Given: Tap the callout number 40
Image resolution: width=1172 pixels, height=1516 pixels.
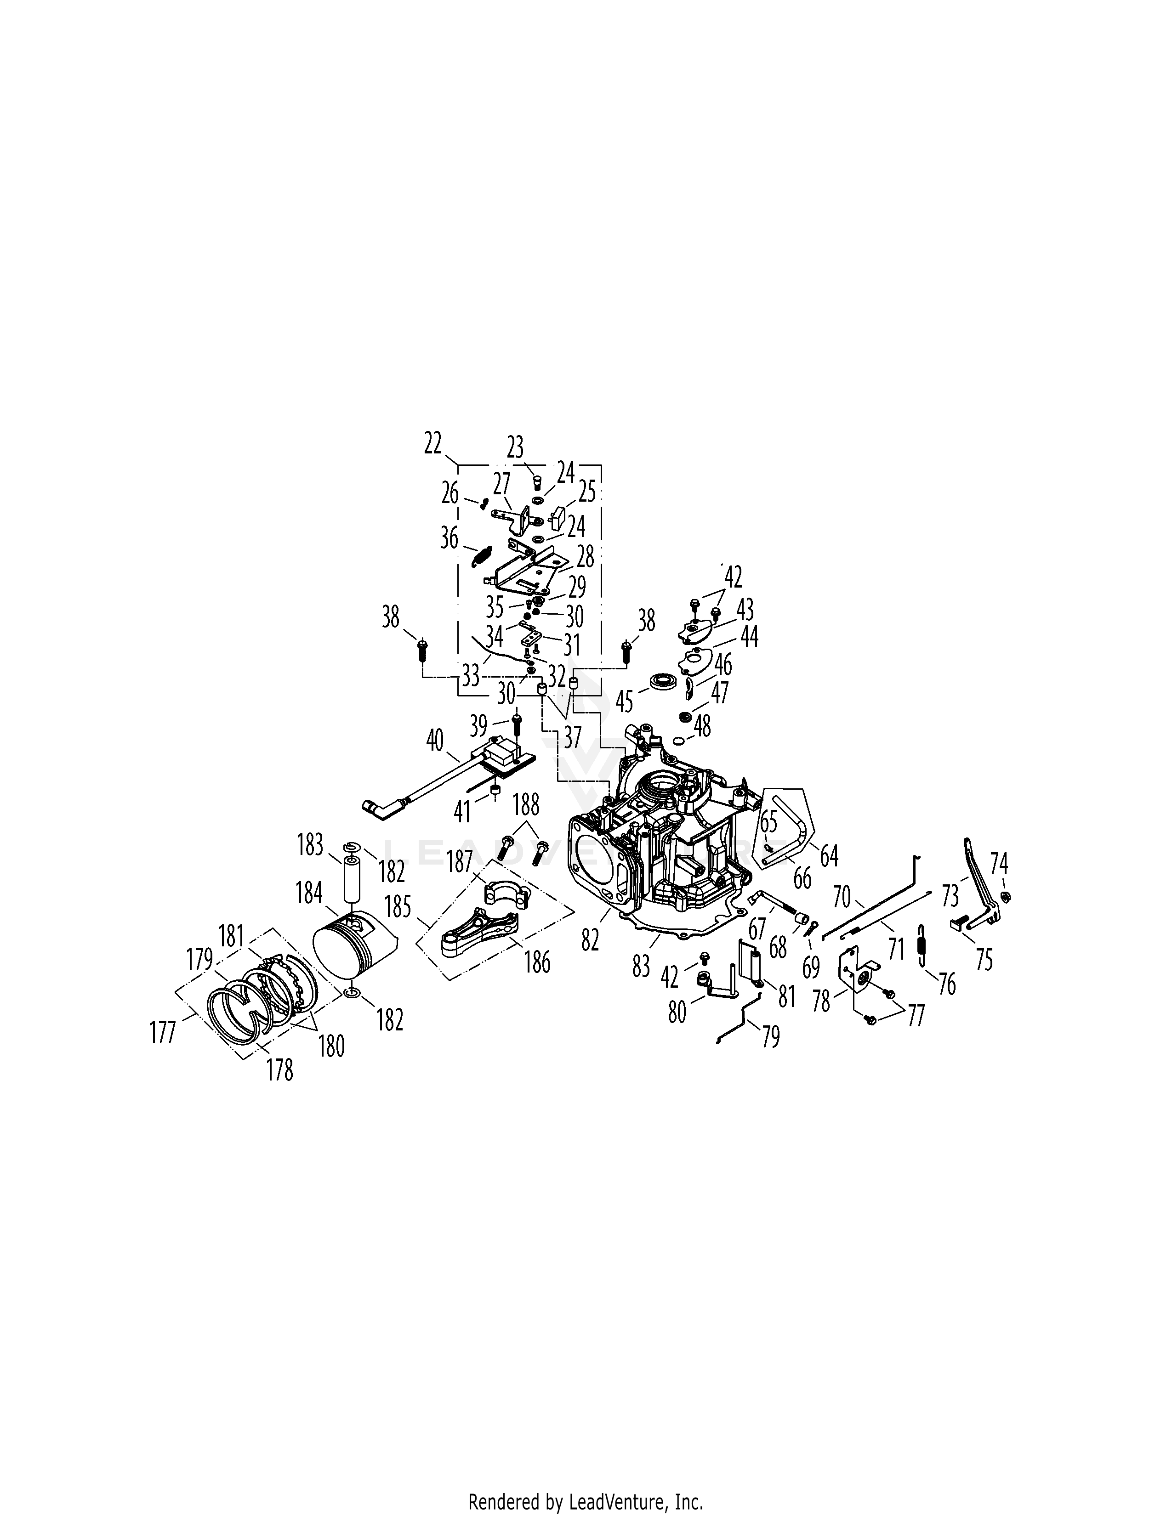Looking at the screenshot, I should pos(435,741).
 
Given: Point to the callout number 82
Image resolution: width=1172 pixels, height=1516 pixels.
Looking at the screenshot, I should pos(590,940).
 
